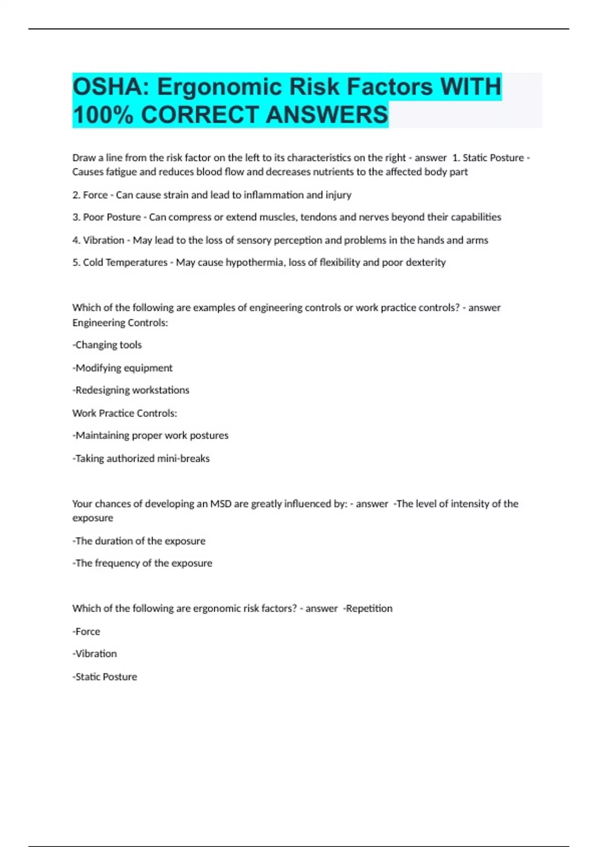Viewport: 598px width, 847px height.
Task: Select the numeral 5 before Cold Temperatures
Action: [x=75, y=263]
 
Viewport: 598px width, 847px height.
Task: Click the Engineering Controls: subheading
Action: [x=120, y=323]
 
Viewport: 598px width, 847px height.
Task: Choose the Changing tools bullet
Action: [x=107, y=345]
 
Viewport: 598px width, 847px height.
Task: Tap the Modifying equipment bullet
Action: [x=123, y=368]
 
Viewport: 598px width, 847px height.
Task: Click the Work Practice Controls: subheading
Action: [x=125, y=413]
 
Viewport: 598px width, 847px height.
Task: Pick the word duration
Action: [x=114, y=541]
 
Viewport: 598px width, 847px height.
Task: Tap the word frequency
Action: [x=117, y=563]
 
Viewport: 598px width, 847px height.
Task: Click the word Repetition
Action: [x=369, y=608]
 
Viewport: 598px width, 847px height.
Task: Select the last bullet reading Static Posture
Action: [x=105, y=677]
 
